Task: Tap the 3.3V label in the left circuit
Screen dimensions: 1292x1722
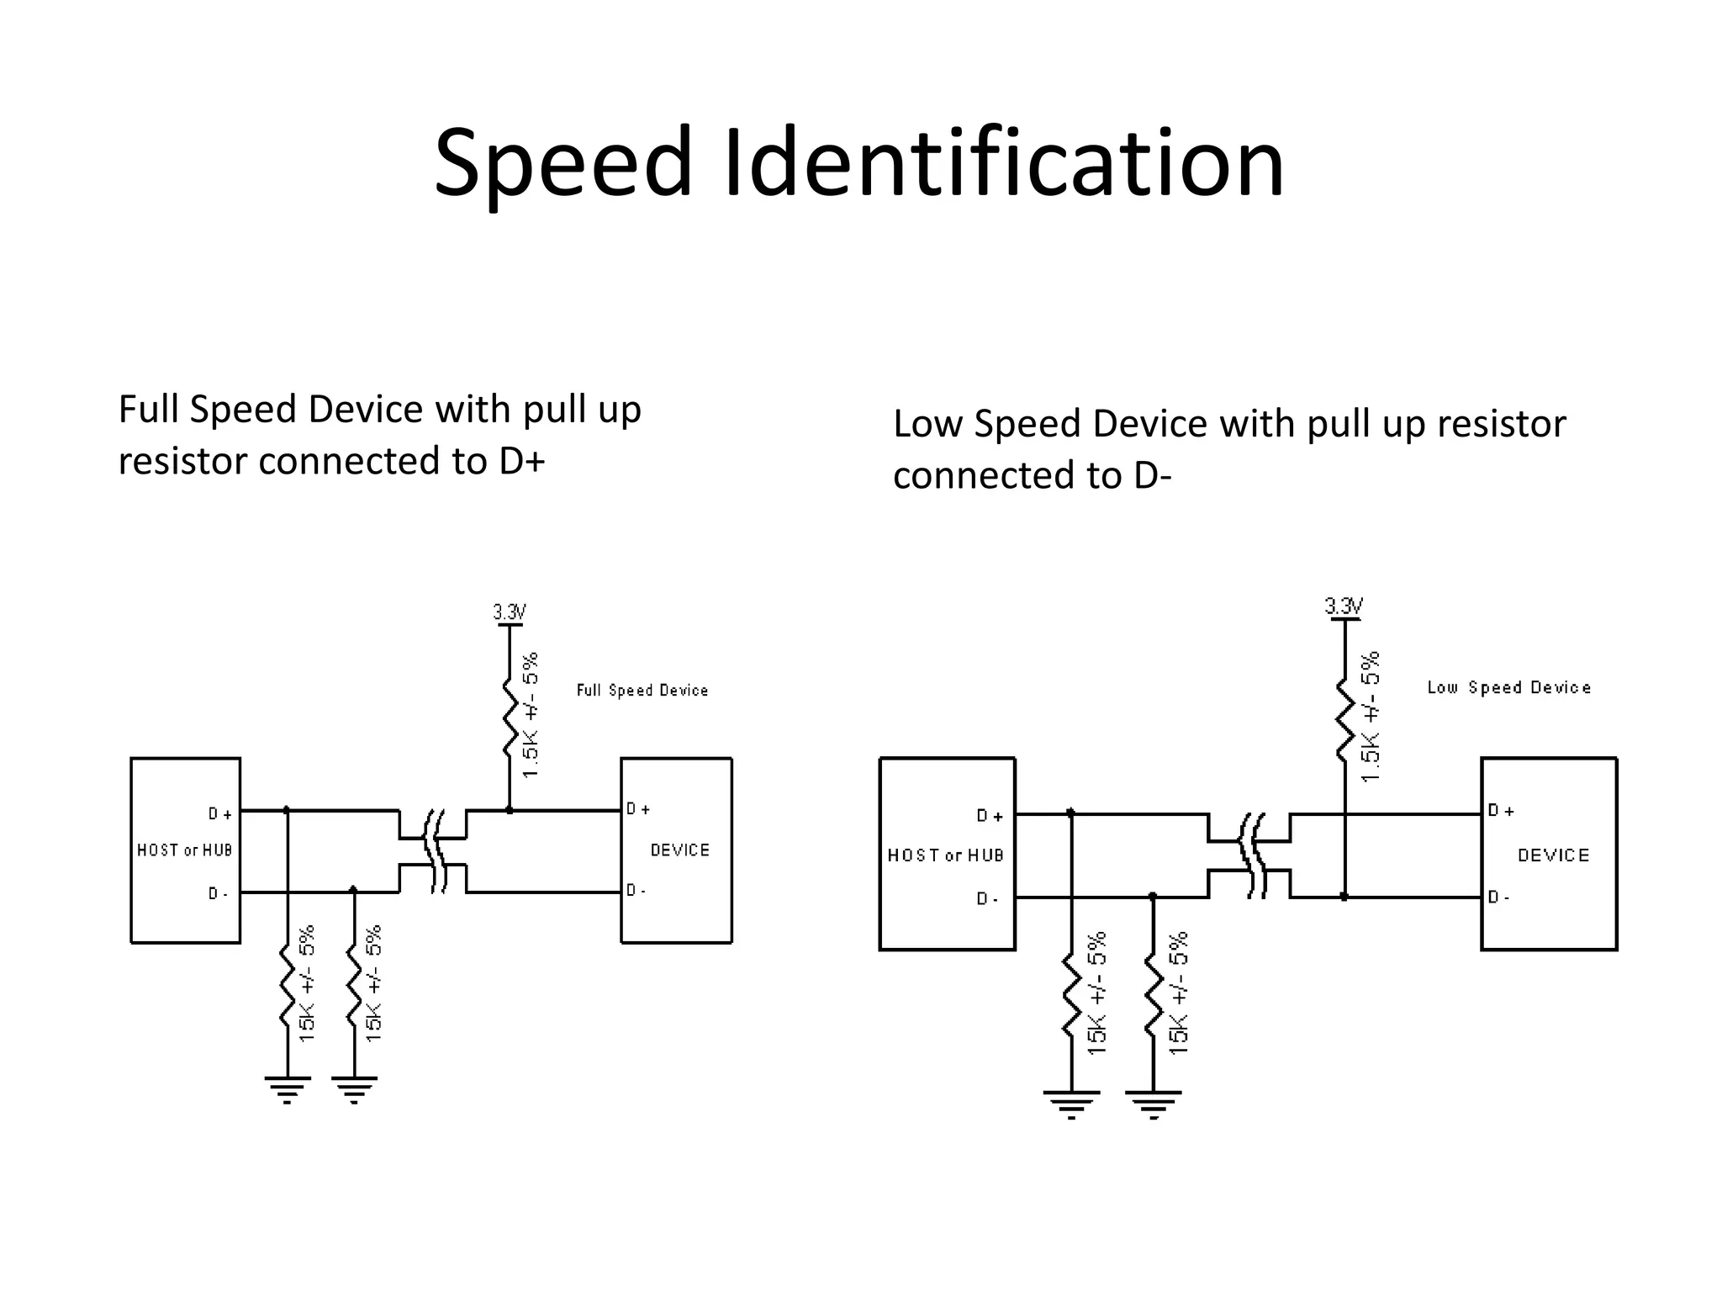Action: click(509, 612)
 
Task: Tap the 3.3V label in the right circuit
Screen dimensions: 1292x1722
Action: click(1344, 606)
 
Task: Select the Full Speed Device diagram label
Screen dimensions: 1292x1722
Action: click(642, 691)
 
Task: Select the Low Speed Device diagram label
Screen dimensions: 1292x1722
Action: click(1509, 687)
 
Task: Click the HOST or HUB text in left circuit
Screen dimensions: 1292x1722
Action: click(184, 850)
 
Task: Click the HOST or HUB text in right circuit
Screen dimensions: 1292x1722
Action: click(945, 855)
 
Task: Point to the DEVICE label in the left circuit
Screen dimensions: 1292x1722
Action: click(679, 850)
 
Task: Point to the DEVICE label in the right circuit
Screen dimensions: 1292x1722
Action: click(1553, 855)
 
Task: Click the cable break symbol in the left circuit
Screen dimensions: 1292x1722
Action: click(434, 851)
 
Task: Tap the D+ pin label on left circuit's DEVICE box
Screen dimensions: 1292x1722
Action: click(638, 809)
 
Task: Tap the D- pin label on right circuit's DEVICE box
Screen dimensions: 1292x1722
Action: click(1498, 898)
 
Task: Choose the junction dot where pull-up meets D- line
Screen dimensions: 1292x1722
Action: click(1344, 897)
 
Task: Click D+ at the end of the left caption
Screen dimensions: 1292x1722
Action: click(522, 461)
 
